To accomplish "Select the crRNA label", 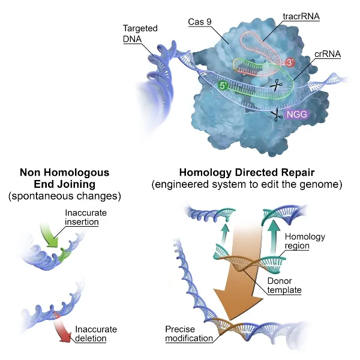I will (328, 53).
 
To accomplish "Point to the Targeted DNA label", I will (139, 34).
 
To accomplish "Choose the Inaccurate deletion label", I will (96, 334).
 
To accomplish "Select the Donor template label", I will (284, 286).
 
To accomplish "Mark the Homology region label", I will (305, 241).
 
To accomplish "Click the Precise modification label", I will (188, 334).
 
